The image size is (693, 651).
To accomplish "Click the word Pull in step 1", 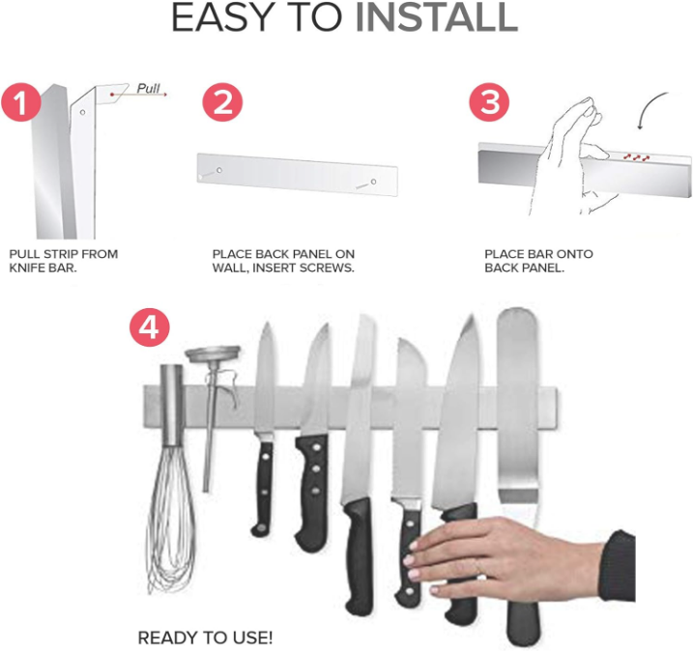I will point(148,88).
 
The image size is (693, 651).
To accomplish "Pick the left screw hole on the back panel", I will point(219,171).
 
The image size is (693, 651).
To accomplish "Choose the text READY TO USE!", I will point(205,637).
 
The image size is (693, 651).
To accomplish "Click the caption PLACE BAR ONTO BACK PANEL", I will point(537,261).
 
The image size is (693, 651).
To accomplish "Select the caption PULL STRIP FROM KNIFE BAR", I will point(63,261).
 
